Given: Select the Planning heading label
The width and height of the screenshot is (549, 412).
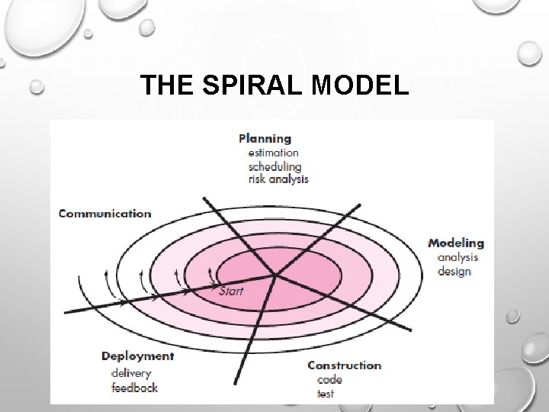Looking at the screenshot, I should coord(265,138).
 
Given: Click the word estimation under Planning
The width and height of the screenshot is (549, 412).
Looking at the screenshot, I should coord(273,153).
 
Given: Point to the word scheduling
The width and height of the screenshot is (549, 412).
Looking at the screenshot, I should coord(274,166).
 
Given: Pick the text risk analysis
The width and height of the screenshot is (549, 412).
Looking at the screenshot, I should coord(278,179).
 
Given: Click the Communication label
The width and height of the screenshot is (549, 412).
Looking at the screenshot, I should coord(104,214).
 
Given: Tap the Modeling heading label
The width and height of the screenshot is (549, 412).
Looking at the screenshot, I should coord(455,243).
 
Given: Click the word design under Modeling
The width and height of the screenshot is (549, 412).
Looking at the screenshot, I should coord(454,271).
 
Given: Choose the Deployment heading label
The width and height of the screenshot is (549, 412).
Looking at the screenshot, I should coord(137,356).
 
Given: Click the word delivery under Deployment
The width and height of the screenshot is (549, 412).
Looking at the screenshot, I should coord(130,372).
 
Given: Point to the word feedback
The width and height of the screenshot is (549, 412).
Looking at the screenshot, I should coord(133,387).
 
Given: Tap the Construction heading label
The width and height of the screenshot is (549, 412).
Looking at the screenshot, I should coord(344,365).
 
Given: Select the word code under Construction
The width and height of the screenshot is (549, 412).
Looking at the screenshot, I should coord(324,379).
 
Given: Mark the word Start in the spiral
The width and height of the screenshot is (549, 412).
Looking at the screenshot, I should coord(231,291).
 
